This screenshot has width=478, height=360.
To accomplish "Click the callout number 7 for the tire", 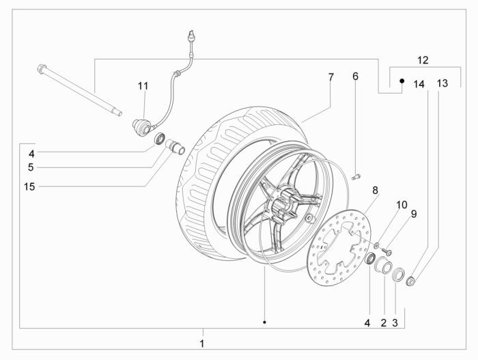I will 331,78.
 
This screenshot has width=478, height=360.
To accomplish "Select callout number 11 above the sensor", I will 143,85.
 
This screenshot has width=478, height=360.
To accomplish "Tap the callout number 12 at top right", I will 423,60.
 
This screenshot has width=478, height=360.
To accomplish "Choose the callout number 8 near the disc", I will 375,189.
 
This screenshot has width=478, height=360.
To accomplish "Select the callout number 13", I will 442,83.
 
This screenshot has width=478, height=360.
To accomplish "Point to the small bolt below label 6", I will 356,178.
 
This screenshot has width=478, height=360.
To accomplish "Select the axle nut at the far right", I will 412,280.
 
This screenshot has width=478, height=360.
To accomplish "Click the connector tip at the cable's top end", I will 190,35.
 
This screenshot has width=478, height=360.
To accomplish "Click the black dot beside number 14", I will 402,81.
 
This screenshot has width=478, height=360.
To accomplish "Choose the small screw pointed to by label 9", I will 387,250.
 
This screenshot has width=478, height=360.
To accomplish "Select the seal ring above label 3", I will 399,276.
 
